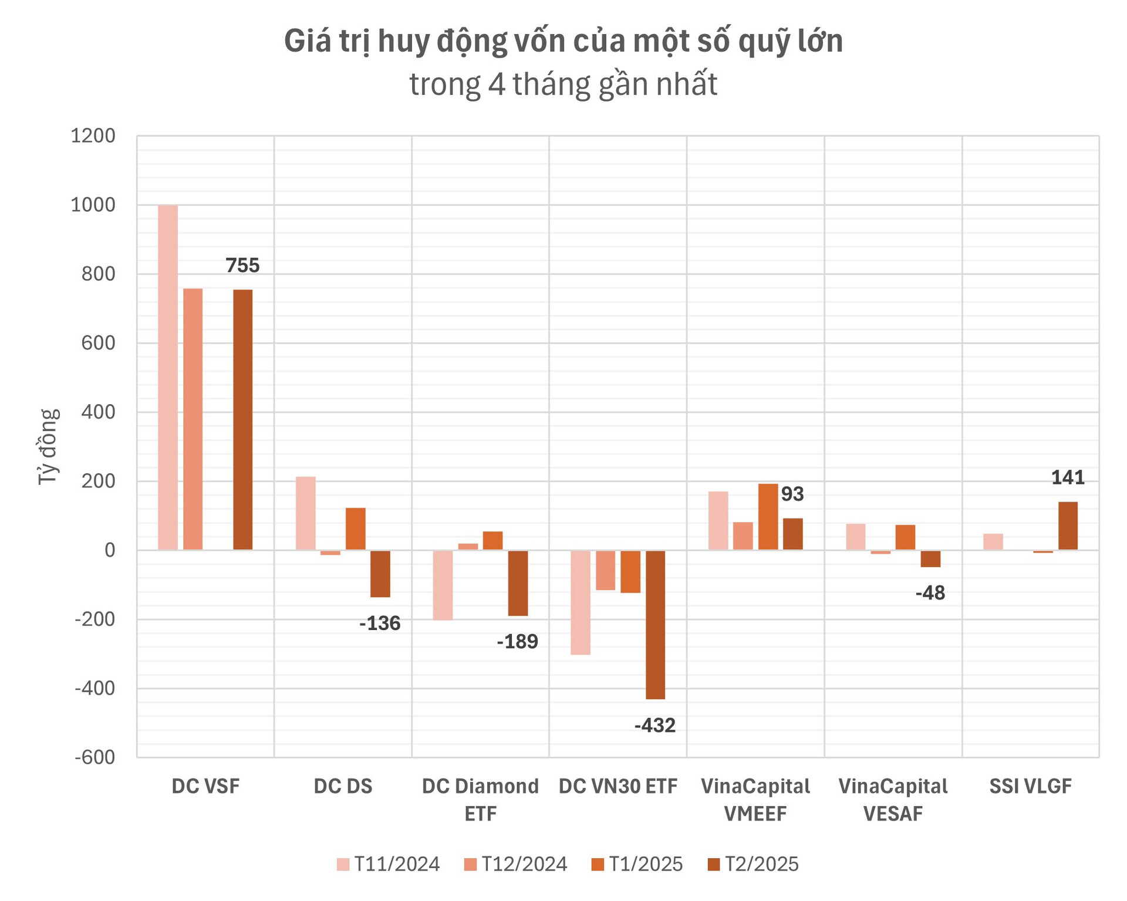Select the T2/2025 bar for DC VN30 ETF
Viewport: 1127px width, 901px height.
[655, 624]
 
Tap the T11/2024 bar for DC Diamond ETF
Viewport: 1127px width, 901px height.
[443, 585]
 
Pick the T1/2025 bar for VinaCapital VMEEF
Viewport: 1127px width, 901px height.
[768, 517]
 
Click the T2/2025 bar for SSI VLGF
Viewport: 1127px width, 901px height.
[1068, 526]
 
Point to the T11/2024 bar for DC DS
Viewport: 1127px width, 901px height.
[305, 513]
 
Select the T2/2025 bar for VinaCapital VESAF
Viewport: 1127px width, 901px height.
[930, 558]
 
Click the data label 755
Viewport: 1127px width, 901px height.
[242, 266]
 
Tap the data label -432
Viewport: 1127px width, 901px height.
[655, 726]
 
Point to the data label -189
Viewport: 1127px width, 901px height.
[517, 642]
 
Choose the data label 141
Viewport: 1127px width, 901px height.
[1068, 478]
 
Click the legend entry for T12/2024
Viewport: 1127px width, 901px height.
[515, 864]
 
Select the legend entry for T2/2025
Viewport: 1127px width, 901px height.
[753, 864]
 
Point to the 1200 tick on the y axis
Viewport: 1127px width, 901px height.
[93, 136]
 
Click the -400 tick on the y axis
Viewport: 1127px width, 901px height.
[95, 688]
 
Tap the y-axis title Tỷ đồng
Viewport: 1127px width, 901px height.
[49, 446]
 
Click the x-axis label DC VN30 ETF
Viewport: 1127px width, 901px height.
[618, 786]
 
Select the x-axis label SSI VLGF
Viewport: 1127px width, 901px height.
[1030, 786]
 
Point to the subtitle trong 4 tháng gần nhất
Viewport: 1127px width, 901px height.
[563, 84]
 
